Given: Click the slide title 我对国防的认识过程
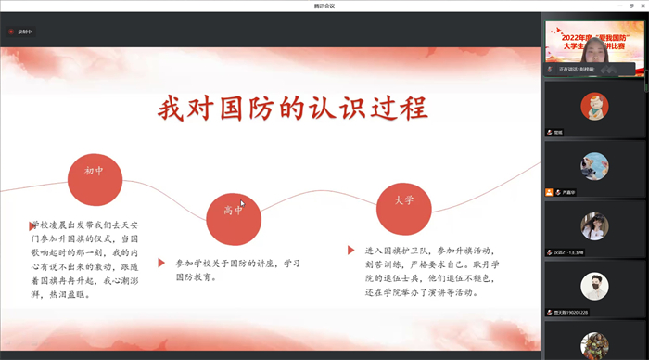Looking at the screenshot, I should pos(292,109).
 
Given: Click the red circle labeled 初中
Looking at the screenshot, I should pos(95,172).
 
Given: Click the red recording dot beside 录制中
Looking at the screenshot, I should pos(11,32).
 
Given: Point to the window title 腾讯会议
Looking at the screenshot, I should pos(324,6).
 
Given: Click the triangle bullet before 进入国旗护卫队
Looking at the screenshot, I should pos(351,251).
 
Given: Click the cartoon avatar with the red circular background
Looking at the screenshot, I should pos(594,106).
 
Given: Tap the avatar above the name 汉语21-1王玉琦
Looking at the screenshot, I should pos(594,225).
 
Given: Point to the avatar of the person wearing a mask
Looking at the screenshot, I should pos(594,286).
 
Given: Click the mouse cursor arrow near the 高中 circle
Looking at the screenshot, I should pos(241,203).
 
